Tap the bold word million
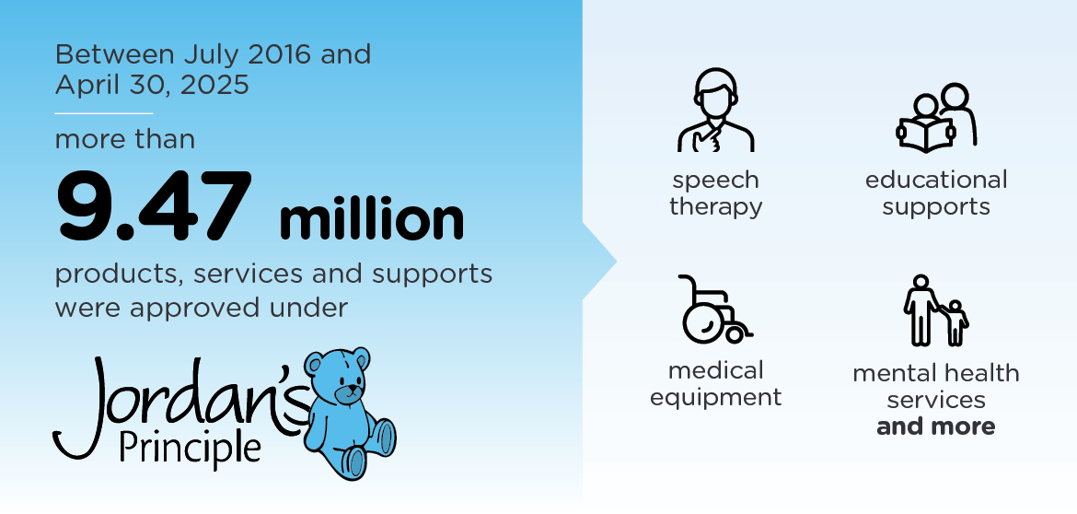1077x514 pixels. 372,220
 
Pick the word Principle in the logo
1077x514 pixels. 190,449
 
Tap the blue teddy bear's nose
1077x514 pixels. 352,389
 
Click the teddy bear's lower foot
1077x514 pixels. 353,461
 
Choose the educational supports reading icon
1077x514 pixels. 936,117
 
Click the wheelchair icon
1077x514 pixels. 714,310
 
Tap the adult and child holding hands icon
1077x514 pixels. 935,310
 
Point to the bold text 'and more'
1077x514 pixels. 935,426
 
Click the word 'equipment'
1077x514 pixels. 716,397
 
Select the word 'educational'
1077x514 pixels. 936,180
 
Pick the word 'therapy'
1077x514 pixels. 716,207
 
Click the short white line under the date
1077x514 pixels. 104,112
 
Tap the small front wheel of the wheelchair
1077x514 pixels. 735,334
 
